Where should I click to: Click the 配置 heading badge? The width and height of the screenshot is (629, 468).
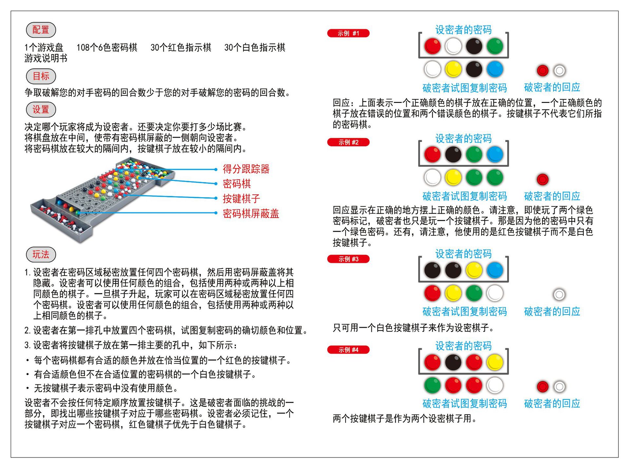tap(41, 30)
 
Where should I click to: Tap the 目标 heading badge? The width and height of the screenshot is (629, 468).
tap(41, 76)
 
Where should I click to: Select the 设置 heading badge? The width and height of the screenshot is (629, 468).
tap(41, 109)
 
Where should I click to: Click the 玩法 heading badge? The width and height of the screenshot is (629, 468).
tap(41, 254)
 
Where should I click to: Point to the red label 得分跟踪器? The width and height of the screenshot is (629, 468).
tap(246, 169)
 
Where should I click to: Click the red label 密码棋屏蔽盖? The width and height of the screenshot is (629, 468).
tap(251, 214)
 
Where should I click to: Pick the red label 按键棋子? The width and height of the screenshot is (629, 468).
tap(241, 199)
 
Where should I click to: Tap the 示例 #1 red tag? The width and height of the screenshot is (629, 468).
tap(348, 33)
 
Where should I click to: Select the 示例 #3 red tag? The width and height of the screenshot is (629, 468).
tap(348, 259)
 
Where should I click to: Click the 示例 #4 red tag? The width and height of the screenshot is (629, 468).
tap(348, 350)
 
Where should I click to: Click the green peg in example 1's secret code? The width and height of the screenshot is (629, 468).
tap(495, 46)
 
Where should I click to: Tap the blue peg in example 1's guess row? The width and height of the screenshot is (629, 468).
tap(495, 69)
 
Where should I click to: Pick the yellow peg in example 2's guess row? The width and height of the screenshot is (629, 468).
tap(453, 178)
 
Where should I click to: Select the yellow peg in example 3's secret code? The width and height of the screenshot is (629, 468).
tap(474, 270)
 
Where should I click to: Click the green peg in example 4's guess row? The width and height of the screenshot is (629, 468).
tap(432, 385)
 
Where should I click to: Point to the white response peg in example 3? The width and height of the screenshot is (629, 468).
tap(559, 294)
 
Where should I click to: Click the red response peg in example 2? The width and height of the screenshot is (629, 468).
tap(543, 179)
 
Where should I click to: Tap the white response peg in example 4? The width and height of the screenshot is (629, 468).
tap(559, 387)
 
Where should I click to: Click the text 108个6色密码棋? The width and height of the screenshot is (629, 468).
tap(107, 48)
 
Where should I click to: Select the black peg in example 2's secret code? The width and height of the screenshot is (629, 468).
tap(453, 154)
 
